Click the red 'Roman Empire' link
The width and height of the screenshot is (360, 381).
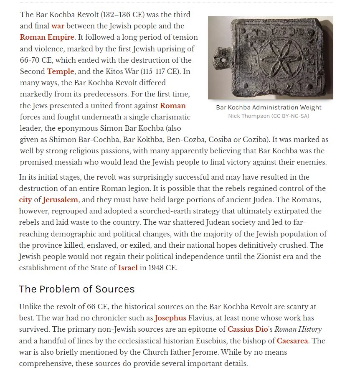[47, 37]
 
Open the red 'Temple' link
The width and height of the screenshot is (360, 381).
[61, 71]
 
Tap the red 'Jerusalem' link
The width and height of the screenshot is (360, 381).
[61, 200]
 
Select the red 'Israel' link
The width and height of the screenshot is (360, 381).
[128, 268]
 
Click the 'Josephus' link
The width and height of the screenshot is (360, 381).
[170, 318]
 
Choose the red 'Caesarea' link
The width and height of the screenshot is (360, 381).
[292, 341]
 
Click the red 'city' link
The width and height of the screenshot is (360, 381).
[25, 200]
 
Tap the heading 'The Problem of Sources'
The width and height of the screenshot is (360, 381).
[77, 289]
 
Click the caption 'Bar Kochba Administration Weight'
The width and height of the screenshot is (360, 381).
[269, 107]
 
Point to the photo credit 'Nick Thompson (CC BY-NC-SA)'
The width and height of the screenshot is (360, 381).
[269, 116]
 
